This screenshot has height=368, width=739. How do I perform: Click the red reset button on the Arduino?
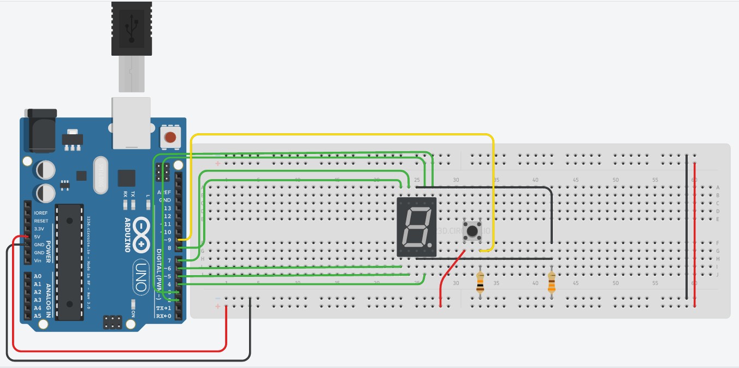click(171, 138)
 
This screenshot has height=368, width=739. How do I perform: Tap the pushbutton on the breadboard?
click(471, 231)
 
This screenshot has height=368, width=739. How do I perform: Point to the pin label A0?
click(38, 277)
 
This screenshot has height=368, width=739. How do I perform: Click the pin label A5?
click(38, 316)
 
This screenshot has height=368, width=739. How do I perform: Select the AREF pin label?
click(164, 193)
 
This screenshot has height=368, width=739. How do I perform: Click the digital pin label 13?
click(167, 209)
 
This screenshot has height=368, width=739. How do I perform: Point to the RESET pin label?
click(41, 221)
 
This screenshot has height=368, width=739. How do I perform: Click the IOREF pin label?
click(41, 213)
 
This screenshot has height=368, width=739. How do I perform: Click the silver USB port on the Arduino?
click(131, 123)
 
